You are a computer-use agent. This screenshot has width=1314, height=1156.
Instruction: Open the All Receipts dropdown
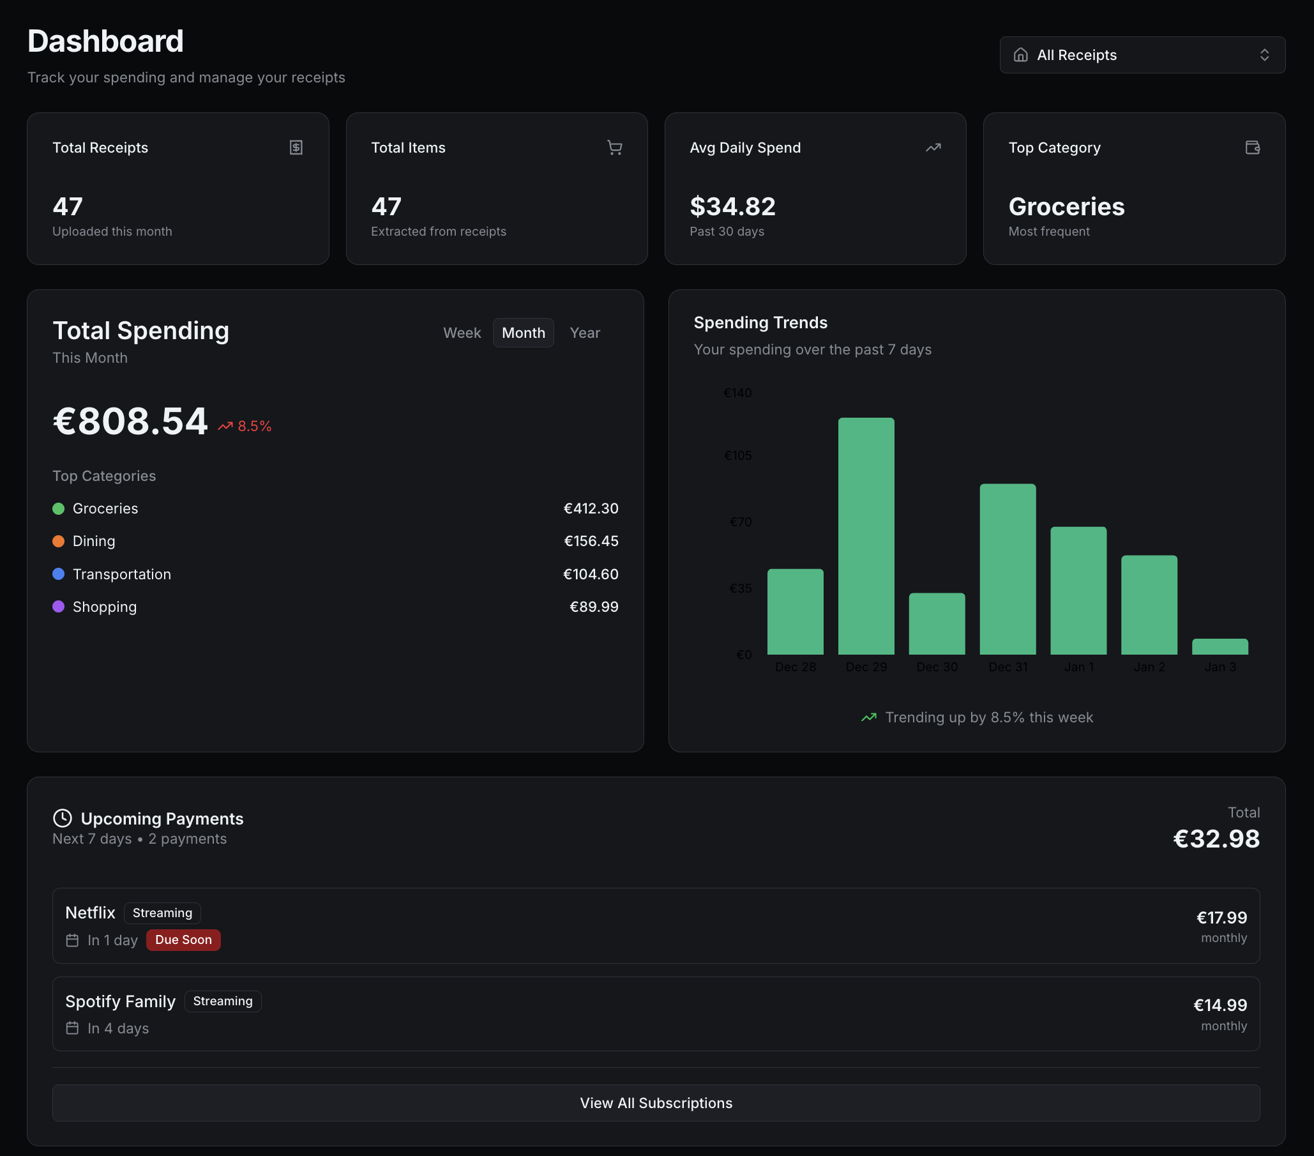1142,55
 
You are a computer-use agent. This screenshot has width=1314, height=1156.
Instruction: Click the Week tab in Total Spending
462,333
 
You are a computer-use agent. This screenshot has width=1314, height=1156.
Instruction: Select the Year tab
584,333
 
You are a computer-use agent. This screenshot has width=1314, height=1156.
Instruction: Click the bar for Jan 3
1220,647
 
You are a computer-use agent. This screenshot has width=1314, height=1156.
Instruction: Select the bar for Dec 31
1008,569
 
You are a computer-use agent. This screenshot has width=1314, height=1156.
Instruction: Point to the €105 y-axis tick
737,456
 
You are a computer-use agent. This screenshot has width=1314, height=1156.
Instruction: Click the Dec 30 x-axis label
937,667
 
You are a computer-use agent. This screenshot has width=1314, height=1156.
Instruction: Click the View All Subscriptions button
656,1103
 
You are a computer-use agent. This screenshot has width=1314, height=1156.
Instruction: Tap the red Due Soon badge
183,940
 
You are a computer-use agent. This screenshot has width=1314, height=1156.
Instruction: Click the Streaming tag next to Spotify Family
222,1001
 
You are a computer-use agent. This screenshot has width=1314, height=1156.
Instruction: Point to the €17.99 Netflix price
1221,918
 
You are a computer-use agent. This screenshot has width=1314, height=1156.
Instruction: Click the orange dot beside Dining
59,542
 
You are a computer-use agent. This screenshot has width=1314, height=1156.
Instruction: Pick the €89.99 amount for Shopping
593,607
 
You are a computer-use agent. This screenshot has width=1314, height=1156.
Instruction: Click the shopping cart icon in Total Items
615,148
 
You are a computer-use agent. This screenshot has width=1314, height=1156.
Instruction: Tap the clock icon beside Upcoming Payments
63,818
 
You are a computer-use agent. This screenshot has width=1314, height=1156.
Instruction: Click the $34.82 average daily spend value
732,207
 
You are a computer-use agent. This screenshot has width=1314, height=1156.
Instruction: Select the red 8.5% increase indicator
245,426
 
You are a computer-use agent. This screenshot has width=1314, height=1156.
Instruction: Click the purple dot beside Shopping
59,607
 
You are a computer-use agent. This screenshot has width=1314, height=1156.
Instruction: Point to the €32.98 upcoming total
1216,839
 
